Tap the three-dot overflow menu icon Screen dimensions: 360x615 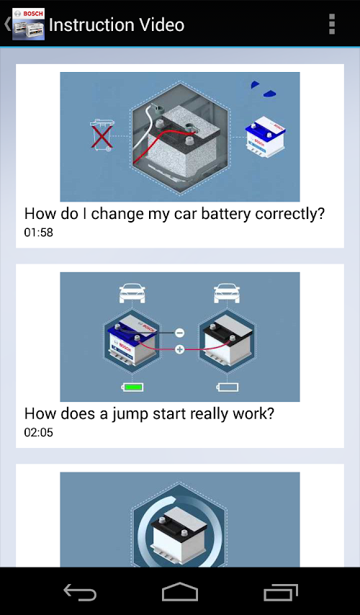coord(332,24)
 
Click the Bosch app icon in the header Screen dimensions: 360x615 coord(28,24)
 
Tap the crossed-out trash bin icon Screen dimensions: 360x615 coord(102,135)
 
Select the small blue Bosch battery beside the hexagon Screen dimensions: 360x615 coord(265,136)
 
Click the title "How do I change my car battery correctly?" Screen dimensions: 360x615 coord(174,214)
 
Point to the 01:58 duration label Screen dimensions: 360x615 coord(38,233)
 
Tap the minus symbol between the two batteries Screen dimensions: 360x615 coord(179,333)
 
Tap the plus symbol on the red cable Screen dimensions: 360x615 coord(179,349)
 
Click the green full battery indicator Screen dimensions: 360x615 coord(132,387)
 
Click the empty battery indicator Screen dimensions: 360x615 coord(228,387)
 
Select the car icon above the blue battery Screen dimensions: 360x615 coord(132,294)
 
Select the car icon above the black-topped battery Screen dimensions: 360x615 coord(227,294)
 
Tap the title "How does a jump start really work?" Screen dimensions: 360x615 coord(148,414)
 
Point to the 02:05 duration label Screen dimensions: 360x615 coord(38,433)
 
